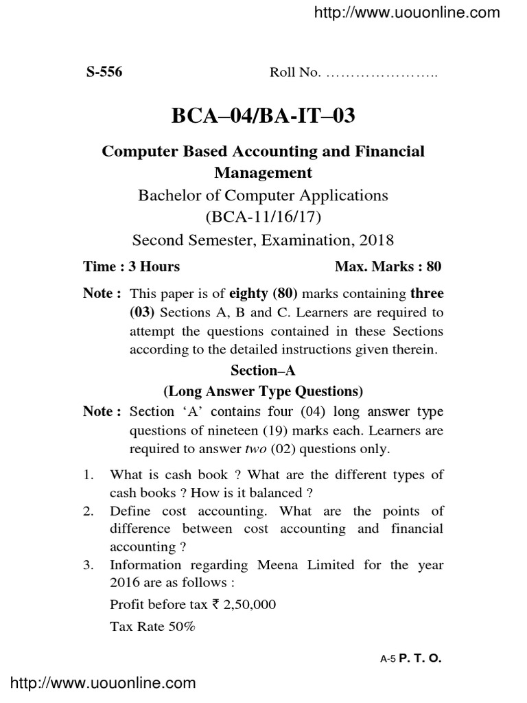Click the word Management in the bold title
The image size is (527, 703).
pyautogui.click(x=263, y=172)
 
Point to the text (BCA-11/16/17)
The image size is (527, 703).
pyautogui.click(x=263, y=218)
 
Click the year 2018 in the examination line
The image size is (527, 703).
pyautogui.click(x=375, y=240)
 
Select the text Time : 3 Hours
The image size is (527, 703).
pyautogui.click(x=132, y=266)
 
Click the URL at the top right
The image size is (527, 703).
pyautogui.click(x=417, y=12)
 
